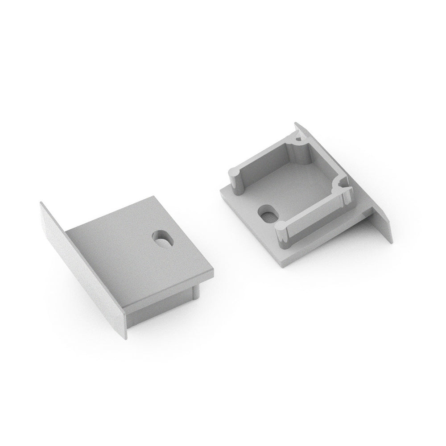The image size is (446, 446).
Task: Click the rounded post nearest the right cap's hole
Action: pyautogui.click(x=282, y=232)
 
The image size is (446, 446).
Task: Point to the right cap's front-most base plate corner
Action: pyautogui.click(x=281, y=267)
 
